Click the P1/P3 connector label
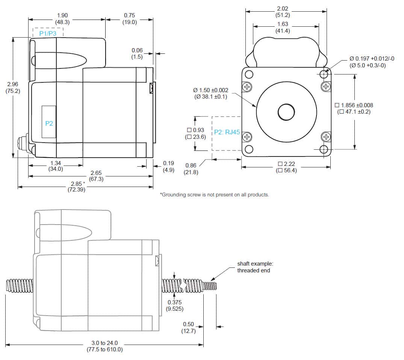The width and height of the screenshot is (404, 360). [48, 33]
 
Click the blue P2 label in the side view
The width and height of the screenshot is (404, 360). [49, 123]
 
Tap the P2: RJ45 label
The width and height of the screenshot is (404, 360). [227, 132]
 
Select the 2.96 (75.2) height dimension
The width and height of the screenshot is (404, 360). [13, 87]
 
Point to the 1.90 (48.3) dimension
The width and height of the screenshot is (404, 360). [62, 18]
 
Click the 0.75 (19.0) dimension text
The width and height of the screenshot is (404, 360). [129, 18]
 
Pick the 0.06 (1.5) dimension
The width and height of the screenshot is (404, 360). [137, 53]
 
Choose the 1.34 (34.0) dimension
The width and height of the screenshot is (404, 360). [55, 166]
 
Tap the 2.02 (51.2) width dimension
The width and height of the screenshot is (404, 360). [282, 12]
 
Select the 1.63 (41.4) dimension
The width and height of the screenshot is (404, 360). [282, 27]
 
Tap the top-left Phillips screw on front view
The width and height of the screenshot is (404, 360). [247, 87]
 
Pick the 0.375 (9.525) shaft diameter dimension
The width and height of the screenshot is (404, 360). [174, 305]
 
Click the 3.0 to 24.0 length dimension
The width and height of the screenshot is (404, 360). [104, 346]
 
